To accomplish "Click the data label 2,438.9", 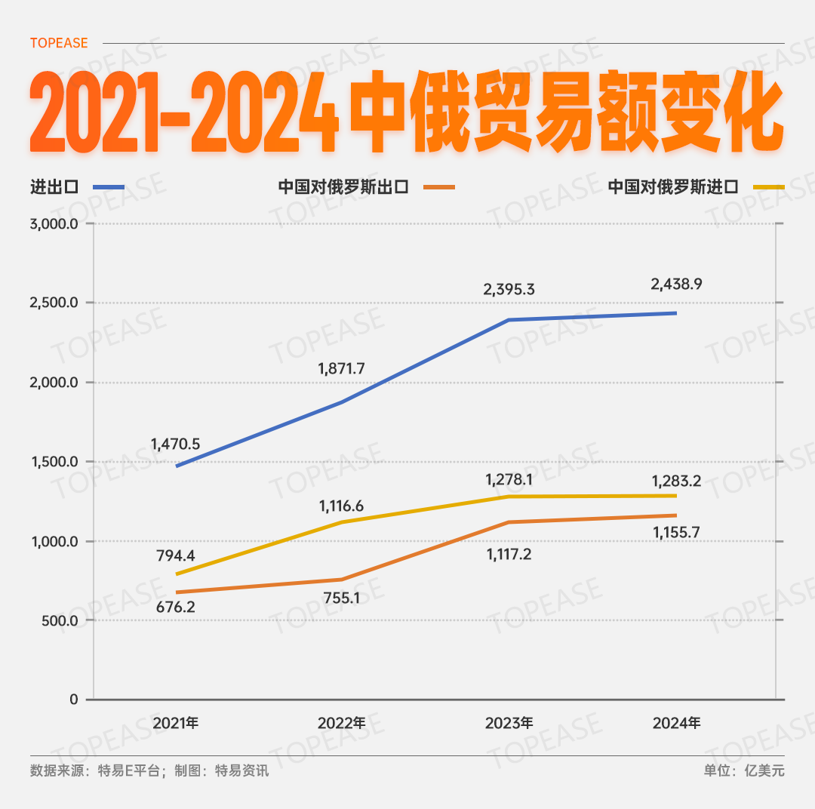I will coord(676,285).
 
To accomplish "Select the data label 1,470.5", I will coord(175,444).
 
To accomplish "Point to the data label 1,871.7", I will coord(341,368).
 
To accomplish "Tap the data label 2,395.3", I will coord(509,289).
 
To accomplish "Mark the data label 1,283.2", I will coord(676,480).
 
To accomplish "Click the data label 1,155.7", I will coord(676,532).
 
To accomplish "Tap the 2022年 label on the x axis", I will coord(341,722).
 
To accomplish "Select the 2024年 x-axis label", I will coord(676,722).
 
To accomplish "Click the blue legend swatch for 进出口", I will coord(109,186).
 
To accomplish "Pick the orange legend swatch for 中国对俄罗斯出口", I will coord(440,186).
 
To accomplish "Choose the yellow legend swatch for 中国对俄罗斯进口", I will coord(769,186).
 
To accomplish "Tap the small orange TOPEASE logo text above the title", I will coord(59,43).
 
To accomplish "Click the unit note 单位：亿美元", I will coord(744,771).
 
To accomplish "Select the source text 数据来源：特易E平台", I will coord(95,771).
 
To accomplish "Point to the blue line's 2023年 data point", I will coord(509,320).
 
